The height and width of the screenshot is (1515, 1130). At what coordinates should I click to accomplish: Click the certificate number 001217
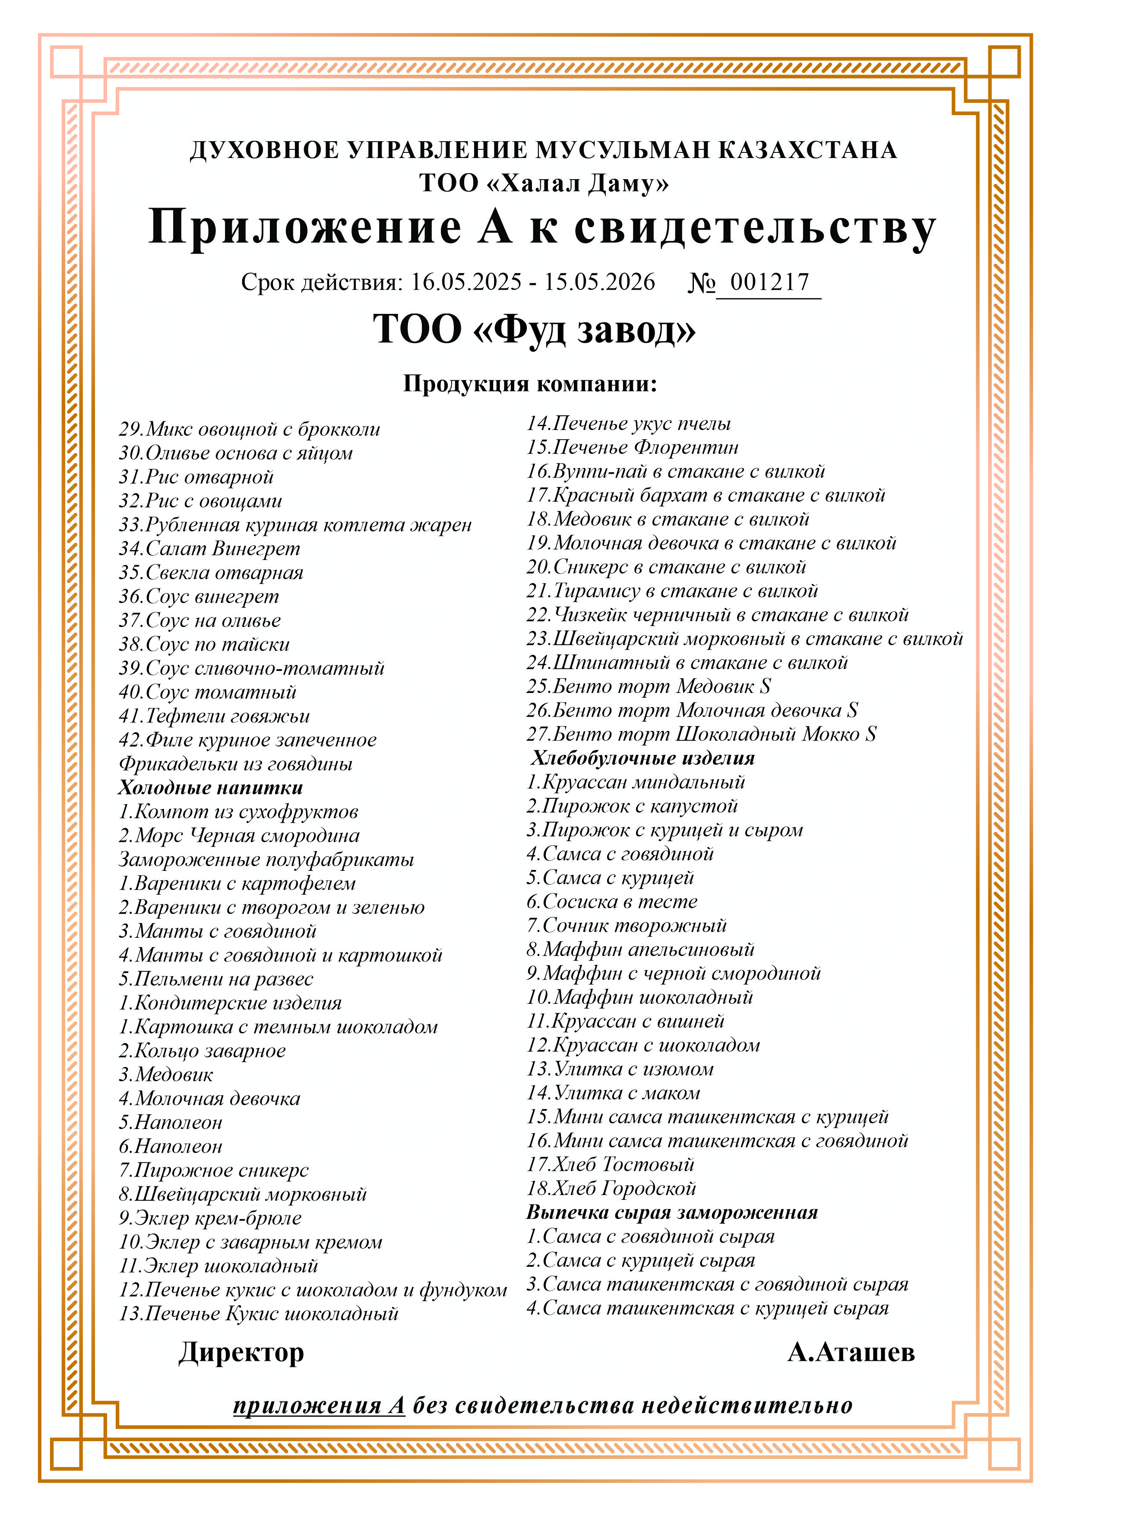pyautogui.click(x=769, y=282)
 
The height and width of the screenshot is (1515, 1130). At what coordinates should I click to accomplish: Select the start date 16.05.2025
pyautogui.click(x=466, y=282)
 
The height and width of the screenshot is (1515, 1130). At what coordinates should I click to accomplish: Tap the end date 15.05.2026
pyautogui.click(x=599, y=282)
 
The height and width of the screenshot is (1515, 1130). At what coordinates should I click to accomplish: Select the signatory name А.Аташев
pyautogui.click(x=851, y=1352)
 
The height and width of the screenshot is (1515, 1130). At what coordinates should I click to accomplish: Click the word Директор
pyautogui.click(x=241, y=1352)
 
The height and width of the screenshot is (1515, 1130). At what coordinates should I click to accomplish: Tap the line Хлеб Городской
pyautogui.click(x=611, y=1188)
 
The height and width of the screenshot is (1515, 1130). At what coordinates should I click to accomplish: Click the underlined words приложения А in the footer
pyautogui.click(x=319, y=1406)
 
